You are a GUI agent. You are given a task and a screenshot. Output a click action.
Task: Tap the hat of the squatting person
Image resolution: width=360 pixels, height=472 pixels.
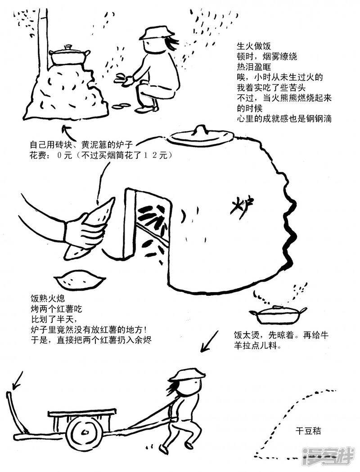click(156, 32)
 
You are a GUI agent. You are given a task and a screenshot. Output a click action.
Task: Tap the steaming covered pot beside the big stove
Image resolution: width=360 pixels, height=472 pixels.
click(277, 314)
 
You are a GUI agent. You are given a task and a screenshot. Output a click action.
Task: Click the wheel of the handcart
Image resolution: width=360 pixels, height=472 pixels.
click(84, 433)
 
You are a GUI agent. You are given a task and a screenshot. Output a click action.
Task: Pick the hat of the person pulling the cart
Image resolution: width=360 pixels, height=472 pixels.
click(189, 374)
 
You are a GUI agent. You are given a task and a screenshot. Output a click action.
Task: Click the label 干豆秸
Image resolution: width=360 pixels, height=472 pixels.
click(308, 431)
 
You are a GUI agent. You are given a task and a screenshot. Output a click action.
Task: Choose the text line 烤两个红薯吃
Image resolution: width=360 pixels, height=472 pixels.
click(56, 310)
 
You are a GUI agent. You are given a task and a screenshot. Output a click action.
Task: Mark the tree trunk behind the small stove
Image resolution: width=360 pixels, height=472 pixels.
click(43, 36)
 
